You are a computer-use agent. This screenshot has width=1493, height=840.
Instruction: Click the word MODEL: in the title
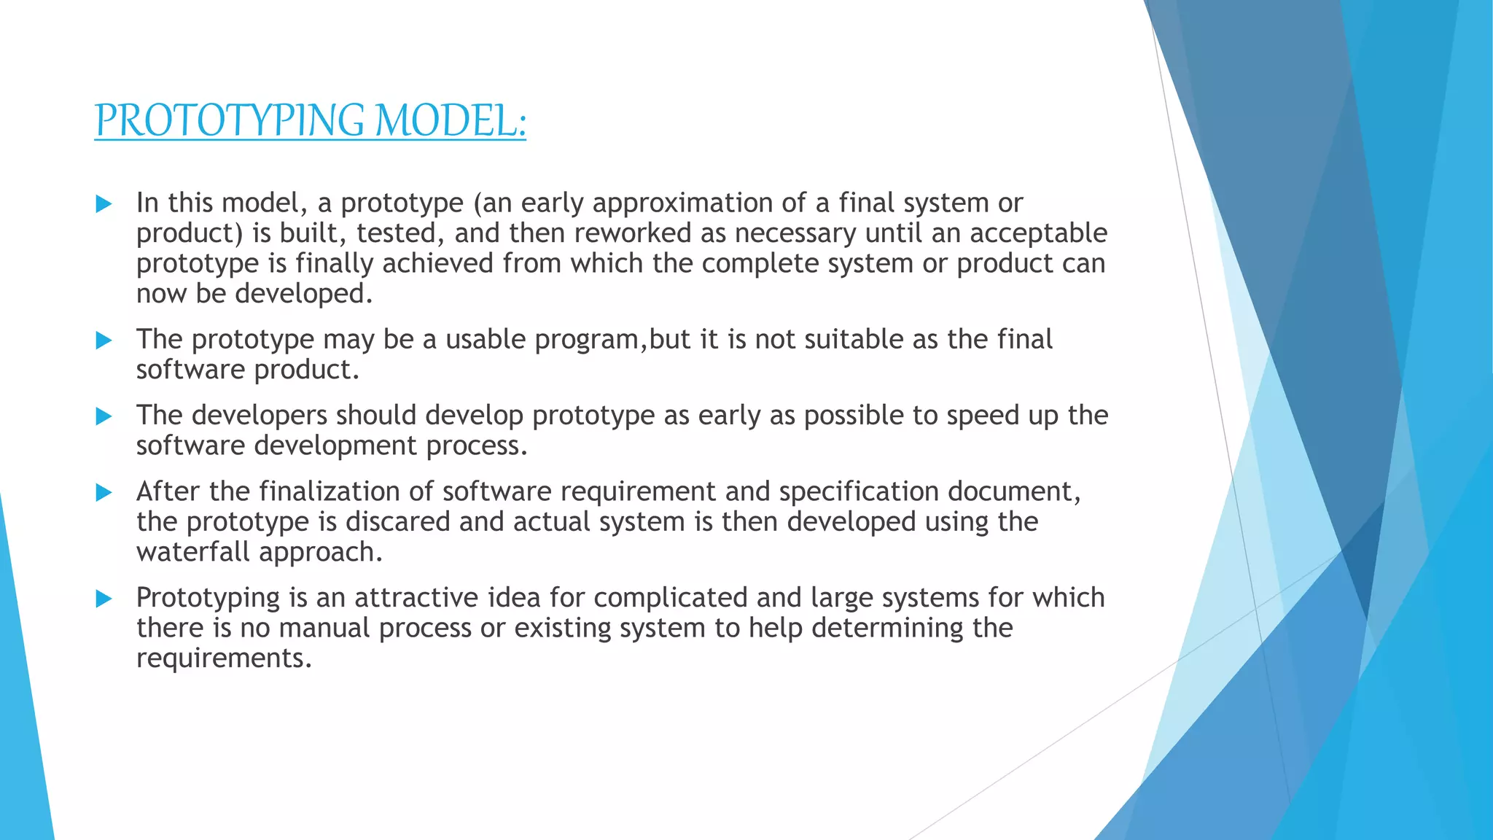tap(450, 121)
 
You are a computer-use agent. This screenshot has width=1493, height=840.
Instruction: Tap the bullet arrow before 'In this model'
tap(104, 203)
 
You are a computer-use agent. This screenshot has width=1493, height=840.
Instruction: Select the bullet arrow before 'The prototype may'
tap(104, 341)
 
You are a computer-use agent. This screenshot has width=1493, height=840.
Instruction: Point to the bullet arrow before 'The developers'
tap(104, 416)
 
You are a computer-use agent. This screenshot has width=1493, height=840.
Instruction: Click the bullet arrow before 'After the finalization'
tap(104, 493)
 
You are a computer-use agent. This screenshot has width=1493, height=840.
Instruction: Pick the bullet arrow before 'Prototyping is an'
tap(104, 599)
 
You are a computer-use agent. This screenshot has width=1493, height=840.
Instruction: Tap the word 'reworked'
tap(633, 233)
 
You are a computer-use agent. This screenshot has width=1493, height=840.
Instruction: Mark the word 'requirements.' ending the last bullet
tap(225, 659)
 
